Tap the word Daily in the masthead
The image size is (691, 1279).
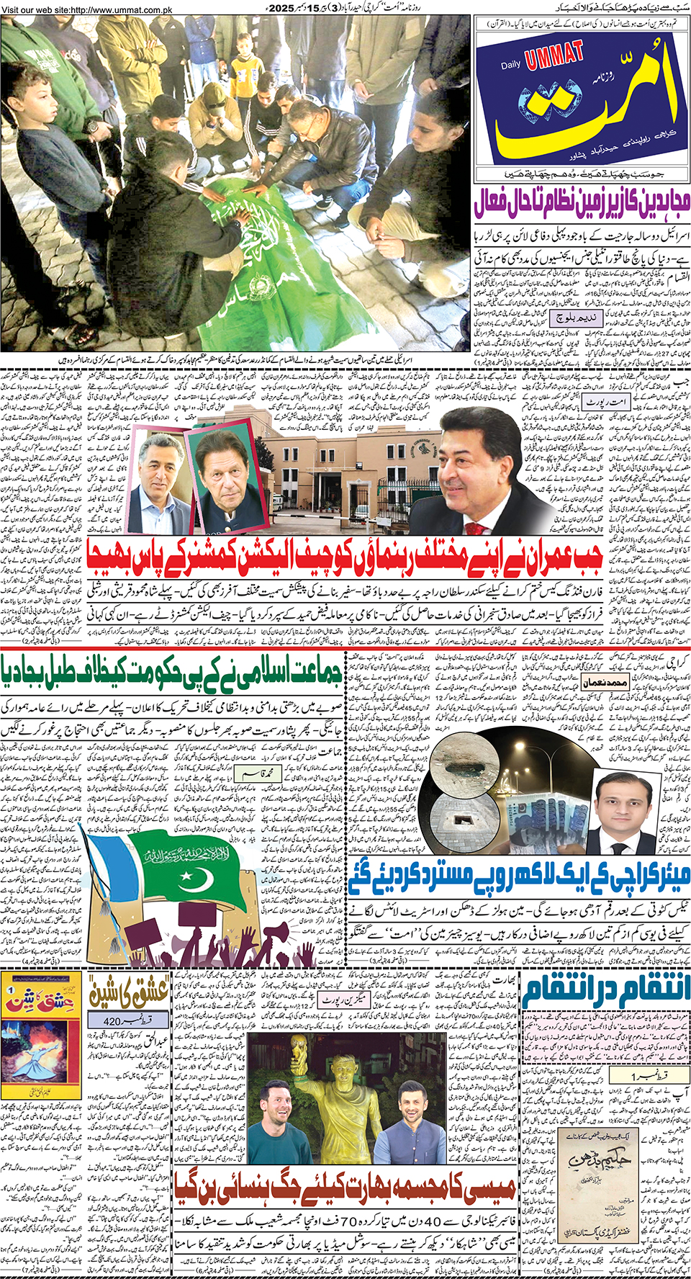point(511,66)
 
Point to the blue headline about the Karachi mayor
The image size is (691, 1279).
point(520,875)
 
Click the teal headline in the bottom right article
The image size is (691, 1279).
point(607,992)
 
